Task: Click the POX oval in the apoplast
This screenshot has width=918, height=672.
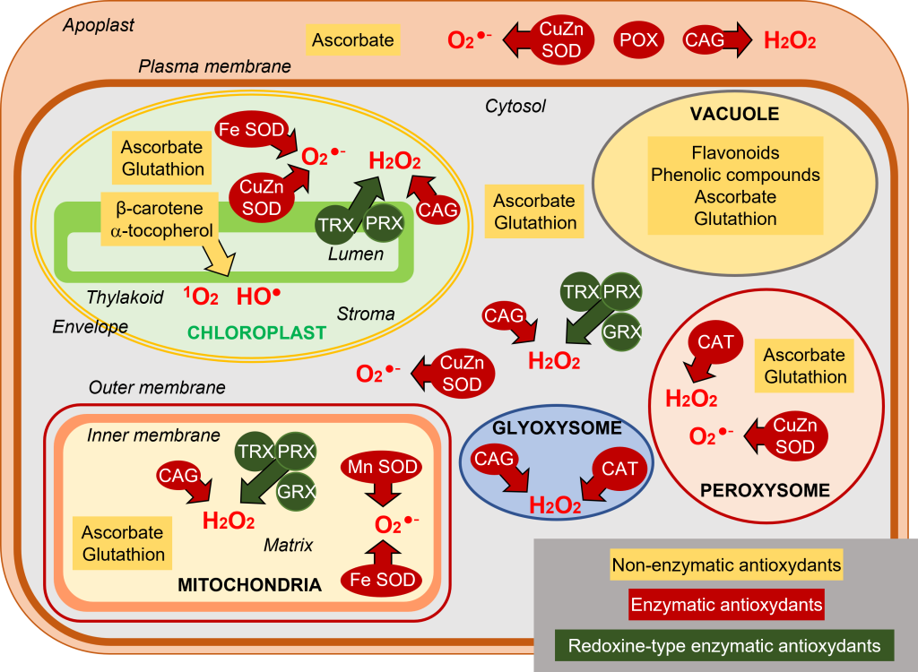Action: (x=637, y=40)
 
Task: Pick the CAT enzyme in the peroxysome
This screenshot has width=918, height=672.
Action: (x=715, y=342)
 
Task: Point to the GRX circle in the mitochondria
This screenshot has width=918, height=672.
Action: (x=295, y=491)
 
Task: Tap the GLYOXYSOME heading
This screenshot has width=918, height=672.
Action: (x=557, y=428)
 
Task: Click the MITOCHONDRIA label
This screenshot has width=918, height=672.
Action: (x=249, y=585)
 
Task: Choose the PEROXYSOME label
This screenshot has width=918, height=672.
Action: (x=765, y=490)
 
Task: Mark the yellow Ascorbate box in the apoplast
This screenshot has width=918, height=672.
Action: (x=352, y=40)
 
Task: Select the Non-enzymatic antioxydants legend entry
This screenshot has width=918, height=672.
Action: (x=726, y=565)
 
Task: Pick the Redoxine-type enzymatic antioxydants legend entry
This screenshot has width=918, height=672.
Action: (x=725, y=645)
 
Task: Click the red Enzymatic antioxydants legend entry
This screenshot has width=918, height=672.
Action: (x=726, y=605)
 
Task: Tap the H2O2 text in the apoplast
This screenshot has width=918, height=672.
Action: (x=789, y=40)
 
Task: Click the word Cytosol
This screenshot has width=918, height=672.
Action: (x=515, y=107)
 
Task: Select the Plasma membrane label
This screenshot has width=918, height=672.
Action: (x=215, y=66)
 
